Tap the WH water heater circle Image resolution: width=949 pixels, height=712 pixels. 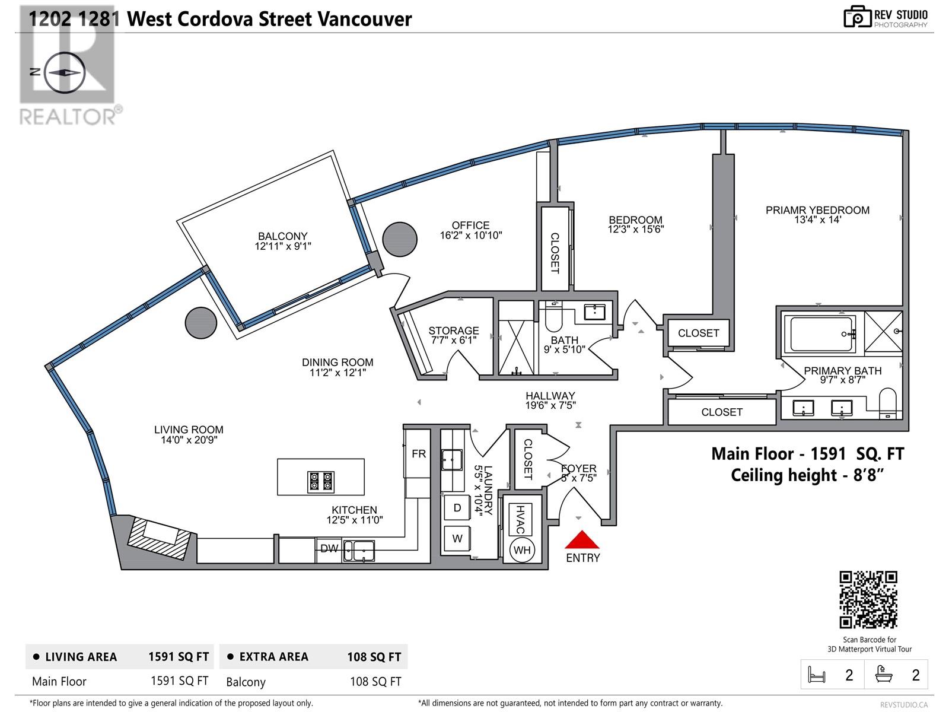pos(522,550)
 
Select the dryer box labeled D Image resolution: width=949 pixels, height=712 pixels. pos(457,508)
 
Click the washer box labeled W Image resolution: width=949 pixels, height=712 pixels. pos(457,539)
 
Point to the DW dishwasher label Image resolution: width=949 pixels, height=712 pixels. pos(329,549)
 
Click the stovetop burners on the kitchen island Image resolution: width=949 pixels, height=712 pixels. pos(320,481)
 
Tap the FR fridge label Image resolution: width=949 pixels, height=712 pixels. pos(419,454)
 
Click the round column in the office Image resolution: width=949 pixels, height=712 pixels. pos(399,240)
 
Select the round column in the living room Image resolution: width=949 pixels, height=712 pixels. pos(200,323)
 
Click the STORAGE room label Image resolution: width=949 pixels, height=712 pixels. pos(454,330)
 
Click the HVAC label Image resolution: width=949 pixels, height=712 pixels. pos(520,519)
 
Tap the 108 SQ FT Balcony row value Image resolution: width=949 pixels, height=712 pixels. pos(375,682)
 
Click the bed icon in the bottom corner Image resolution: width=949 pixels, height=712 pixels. pos(817,675)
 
